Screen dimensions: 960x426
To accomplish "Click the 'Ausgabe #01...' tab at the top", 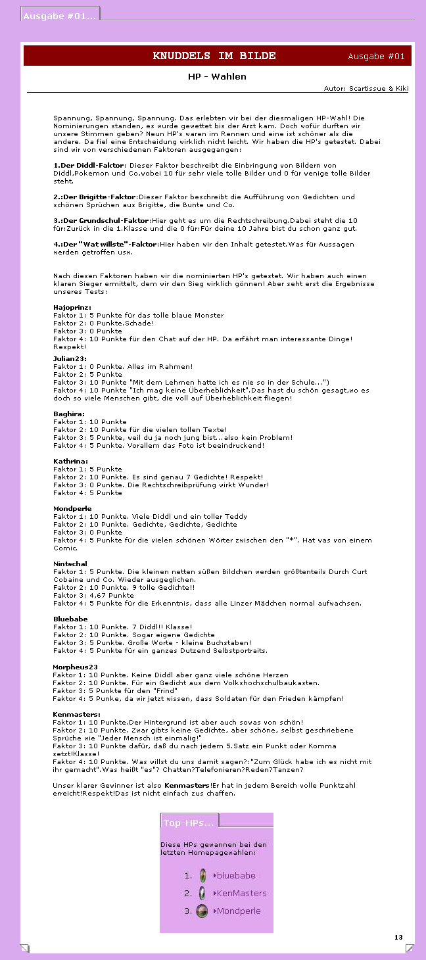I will (60, 16).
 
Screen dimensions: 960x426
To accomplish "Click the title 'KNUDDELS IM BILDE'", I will (214, 56).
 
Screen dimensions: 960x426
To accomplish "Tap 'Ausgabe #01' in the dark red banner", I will (376, 57).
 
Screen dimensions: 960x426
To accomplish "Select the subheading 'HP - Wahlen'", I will (217, 77).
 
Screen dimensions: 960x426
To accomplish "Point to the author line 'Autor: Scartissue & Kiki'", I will (366, 88).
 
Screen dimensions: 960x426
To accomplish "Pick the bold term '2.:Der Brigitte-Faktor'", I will (95, 197).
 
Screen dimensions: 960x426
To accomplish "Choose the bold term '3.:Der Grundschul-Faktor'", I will (101, 221).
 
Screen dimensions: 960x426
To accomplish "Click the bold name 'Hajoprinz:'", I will (72, 308).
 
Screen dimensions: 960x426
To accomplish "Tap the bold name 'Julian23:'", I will (70, 358).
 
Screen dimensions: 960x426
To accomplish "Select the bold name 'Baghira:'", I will (68, 414).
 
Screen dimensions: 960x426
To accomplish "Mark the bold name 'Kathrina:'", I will (70, 462).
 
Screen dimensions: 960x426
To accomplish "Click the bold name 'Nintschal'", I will (70, 564).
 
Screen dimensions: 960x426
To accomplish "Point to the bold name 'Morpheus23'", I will (75, 667).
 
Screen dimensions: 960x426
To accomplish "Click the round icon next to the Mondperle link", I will (202, 911).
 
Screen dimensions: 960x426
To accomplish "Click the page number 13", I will (398, 937).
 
